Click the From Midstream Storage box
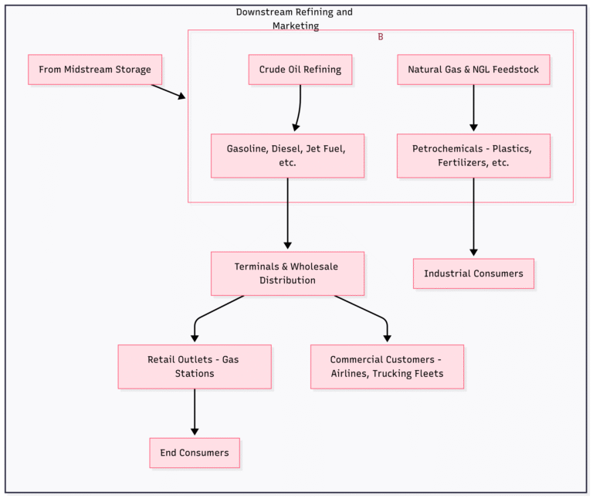coord(95,70)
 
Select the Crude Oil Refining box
coord(300,70)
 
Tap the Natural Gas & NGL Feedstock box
coord(473,70)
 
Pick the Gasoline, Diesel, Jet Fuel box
coord(287,156)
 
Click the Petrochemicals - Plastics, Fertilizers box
coord(473,156)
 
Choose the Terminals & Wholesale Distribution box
coord(287,273)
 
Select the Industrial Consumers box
coord(473,273)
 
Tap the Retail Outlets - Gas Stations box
coord(195,366)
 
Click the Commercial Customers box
coord(387,366)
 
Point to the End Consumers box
coord(195,453)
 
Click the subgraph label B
coord(380,37)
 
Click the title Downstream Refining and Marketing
coord(294,19)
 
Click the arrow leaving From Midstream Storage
coord(168,91)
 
